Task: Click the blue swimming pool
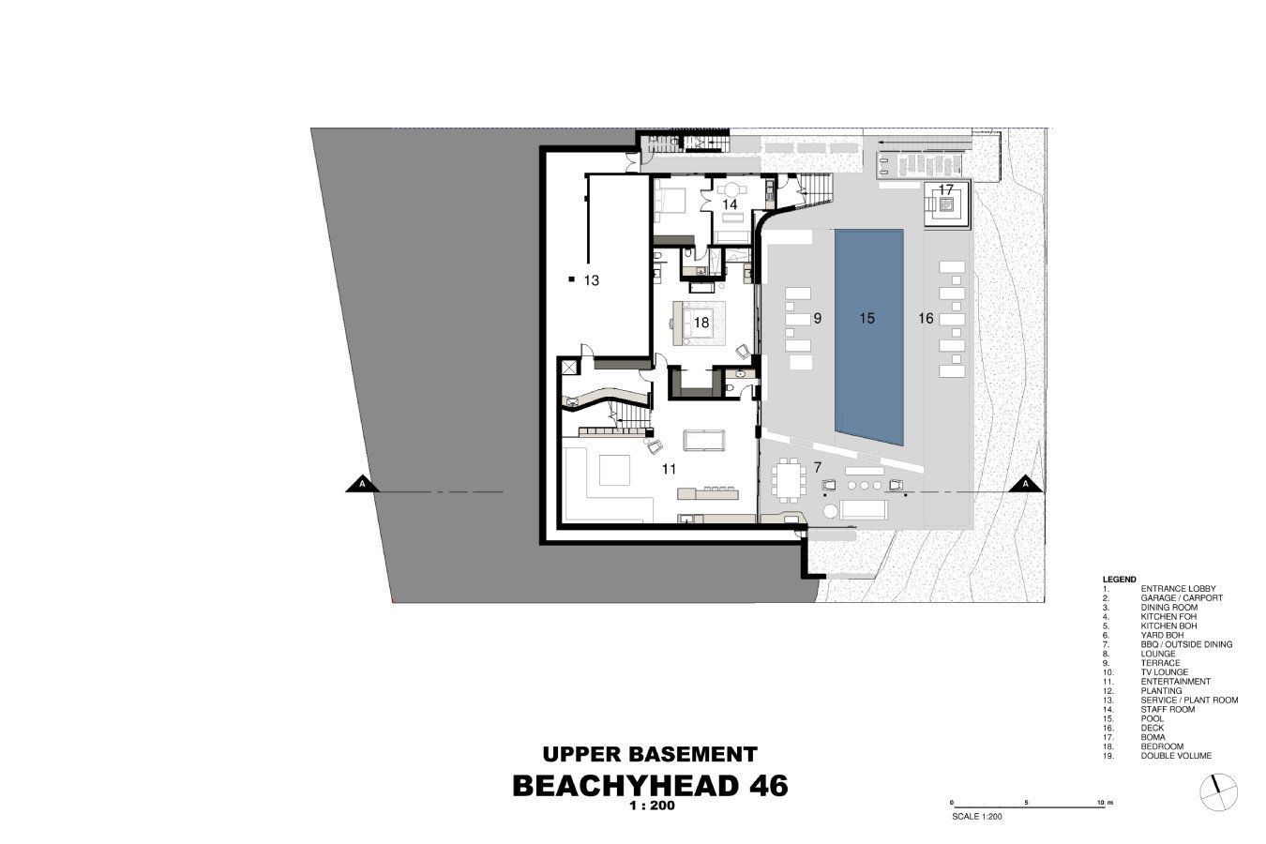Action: [x=868, y=337]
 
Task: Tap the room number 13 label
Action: [x=591, y=280]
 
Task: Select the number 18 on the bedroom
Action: [x=701, y=323]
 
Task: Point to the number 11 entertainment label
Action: [x=670, y=469]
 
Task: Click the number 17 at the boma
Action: [x=946, y=189]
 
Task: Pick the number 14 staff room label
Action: [x=730, y=204]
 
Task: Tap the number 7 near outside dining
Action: [x=817, y=468]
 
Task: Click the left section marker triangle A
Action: [x=362, y=485]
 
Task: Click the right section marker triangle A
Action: [x=1025, y=485]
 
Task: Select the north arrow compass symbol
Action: [x=1219, y=792]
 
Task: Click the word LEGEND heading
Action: [x=1119, y=580]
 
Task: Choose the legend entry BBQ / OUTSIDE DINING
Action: [x=1186, y=644]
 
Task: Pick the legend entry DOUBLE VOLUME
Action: [x=1176, y=756]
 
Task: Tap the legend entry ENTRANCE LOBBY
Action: [x=1179, y=589]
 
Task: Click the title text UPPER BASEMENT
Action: [x=650, y=755]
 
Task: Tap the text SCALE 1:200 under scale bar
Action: [x=977, y=817]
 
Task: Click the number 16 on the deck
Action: [x=926, y=319]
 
